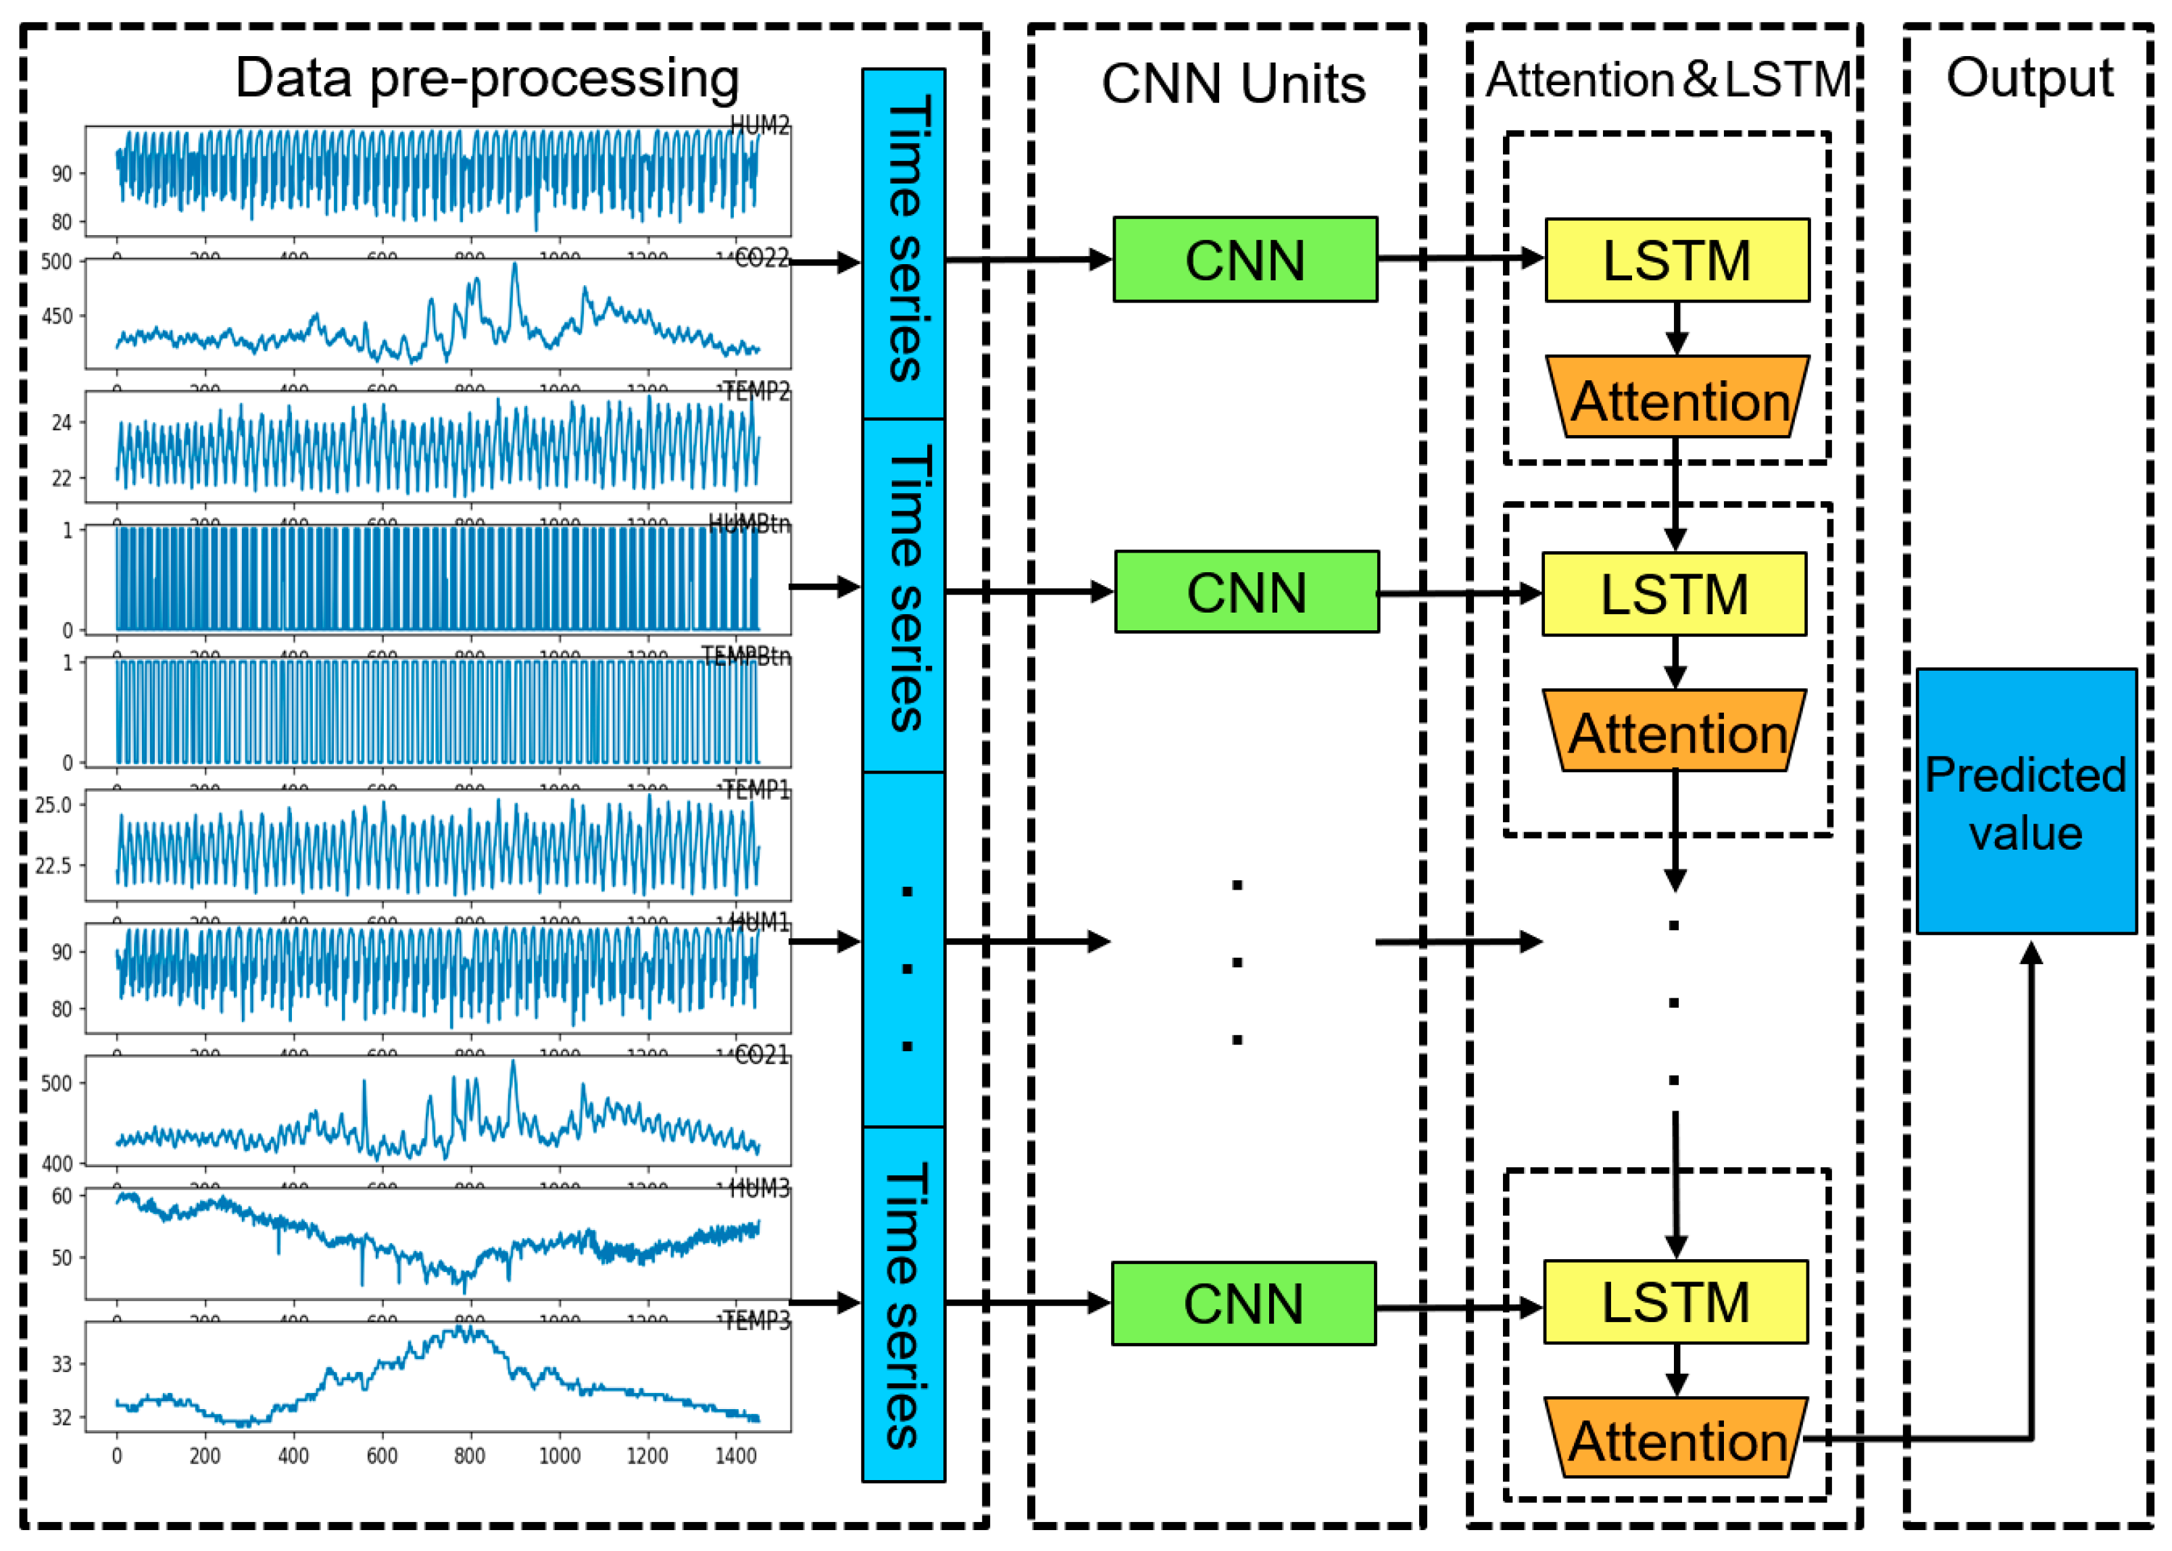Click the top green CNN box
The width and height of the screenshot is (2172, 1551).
coord(1245,260)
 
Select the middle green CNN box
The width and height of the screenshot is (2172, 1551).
coord(1246,592)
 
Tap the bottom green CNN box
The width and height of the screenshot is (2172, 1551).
coord(1243,1304)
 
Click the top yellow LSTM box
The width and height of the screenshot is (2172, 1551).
coord(1676,260)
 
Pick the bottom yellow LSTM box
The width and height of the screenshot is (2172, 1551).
coord(1675,1302)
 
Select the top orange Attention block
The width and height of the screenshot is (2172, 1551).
coord(1678,399)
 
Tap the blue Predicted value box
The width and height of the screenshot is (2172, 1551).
coord(2026,801)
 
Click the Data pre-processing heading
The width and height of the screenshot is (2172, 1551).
coord(487,78)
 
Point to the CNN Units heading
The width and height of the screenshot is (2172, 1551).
coord(1233,84)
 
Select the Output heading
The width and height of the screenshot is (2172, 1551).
coord(2029,78)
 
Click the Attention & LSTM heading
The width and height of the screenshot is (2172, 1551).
coord(1669,80)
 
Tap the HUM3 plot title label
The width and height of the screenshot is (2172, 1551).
coord(760,1189)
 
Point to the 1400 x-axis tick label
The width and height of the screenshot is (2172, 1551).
coord(735,1456)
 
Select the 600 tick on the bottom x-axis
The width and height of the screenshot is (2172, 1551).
coord(382,1456)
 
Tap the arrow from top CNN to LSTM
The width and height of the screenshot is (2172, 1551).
coord(1461,258)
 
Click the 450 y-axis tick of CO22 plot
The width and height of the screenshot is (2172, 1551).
coord(57,316)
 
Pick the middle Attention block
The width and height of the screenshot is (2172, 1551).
coord(1675,732)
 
